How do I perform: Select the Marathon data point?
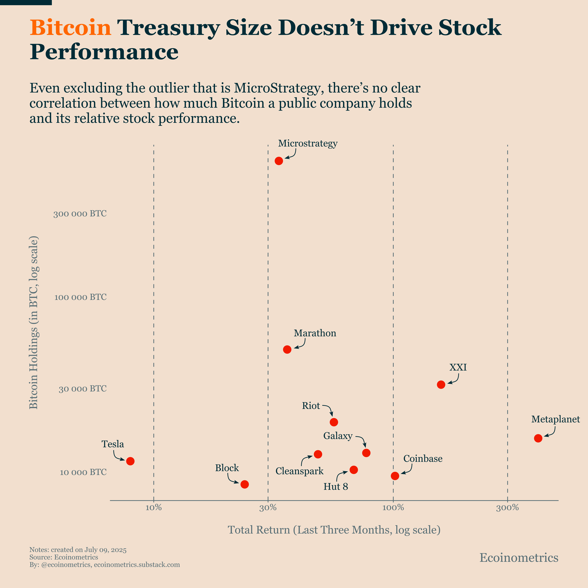(287, 349)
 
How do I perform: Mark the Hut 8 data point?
(353, 470)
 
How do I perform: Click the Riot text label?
(311, 406)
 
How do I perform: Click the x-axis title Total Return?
(334, 530)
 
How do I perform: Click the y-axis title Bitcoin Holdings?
(34, 323)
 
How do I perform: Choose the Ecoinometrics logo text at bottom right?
(519, 558)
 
